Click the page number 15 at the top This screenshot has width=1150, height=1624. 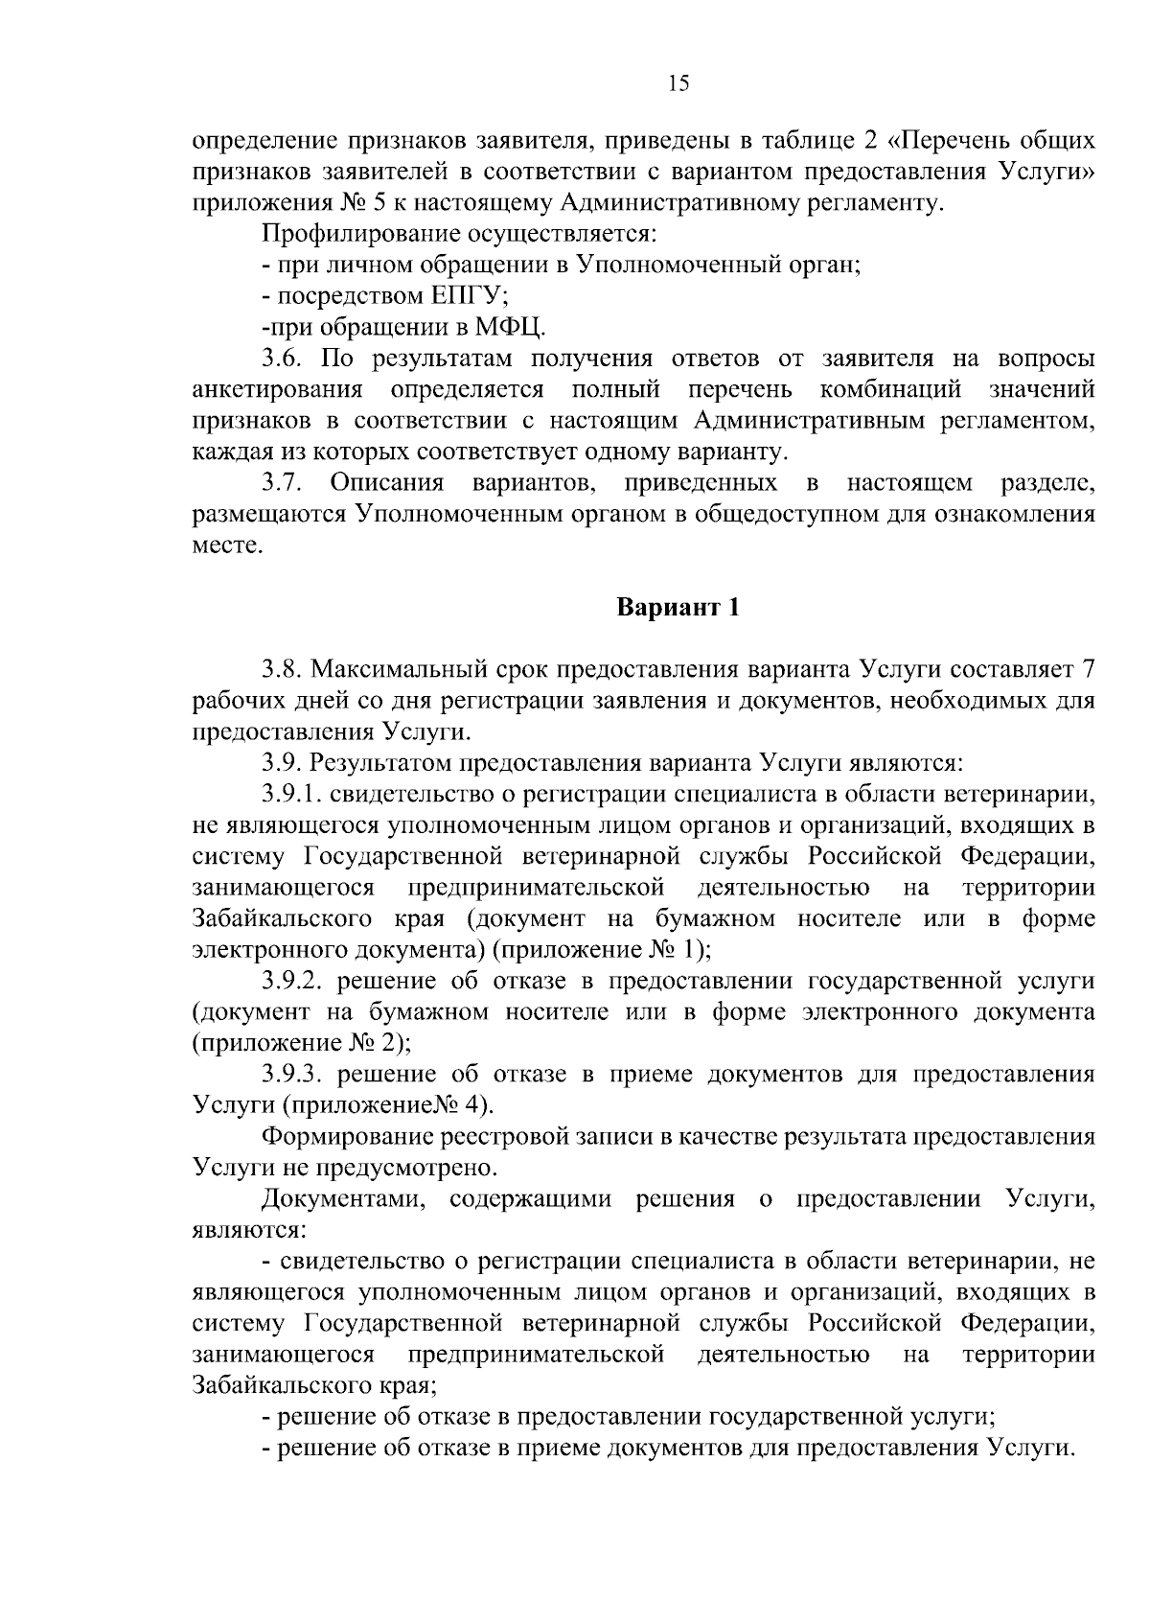[678, 84]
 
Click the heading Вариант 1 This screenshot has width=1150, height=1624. [678, 608]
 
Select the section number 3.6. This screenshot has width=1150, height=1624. [282, 360]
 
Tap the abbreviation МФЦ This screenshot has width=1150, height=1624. [511, 328]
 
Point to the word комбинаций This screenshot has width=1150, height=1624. [891, 390]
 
